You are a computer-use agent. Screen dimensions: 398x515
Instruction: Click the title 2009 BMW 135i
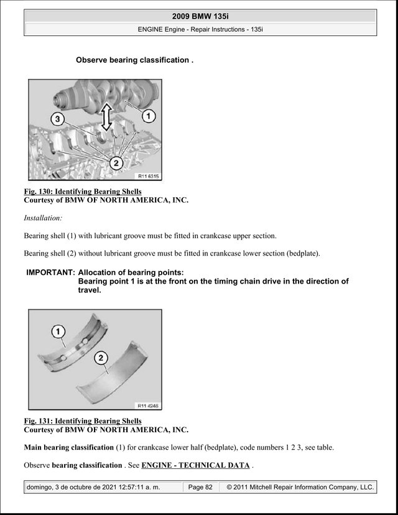coord(200,16)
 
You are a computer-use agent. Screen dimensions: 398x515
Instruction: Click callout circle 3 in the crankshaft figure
coord(57,119)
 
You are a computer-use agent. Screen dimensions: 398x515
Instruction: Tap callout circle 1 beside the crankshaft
coord(149,116)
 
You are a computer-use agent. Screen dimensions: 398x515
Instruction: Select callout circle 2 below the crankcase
coord(116,162)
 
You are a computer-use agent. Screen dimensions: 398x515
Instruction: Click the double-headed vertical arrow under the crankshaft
coord(106,117)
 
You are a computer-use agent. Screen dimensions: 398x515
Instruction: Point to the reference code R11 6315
coord(148,176)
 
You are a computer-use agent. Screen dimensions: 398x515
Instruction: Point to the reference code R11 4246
coord(148,406)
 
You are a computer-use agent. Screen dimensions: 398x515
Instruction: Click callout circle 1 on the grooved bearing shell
coord(58,332)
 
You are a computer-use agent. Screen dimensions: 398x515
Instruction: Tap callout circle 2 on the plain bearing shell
coord(101,358)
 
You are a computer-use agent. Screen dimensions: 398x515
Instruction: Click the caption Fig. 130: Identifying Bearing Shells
coord(83,192)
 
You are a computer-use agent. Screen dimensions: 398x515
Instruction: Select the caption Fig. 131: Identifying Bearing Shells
coord(83,421)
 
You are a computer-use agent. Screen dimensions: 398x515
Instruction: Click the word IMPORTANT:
coord(51,272)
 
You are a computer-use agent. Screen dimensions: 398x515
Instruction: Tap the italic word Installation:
coord(43,218)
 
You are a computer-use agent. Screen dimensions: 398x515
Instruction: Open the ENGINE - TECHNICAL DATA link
coord(195,465)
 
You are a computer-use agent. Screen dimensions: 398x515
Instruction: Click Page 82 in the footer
coord(200,487)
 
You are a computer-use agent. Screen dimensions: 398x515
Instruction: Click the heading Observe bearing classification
coord(135,60)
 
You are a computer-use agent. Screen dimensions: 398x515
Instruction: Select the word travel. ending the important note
coord(90,290)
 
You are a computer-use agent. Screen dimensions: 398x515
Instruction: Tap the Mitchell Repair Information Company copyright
coord(300,487)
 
